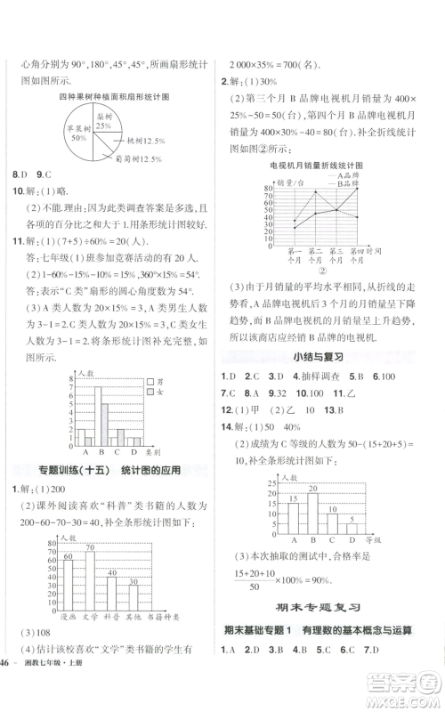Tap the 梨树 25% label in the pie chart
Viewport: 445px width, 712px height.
104,121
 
